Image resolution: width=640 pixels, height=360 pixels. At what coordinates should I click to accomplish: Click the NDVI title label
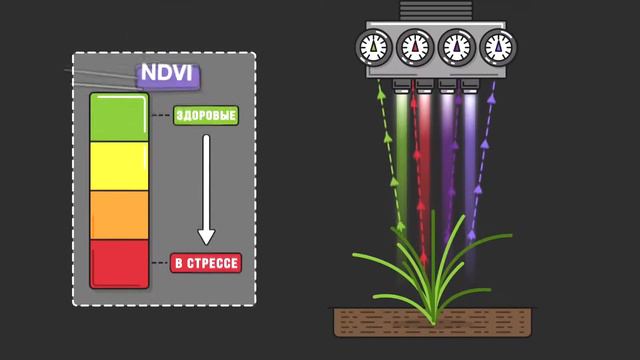(168, 75)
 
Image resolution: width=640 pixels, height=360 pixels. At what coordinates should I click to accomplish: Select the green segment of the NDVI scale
(119, 118)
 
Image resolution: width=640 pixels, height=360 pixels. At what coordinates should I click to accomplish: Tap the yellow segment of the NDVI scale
(119, 167)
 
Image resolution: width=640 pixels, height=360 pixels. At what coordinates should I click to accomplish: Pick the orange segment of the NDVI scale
(119, 215)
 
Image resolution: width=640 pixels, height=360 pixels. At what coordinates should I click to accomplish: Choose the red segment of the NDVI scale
(119, 263)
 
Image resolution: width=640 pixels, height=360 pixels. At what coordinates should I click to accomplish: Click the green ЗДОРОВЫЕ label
(206, 116)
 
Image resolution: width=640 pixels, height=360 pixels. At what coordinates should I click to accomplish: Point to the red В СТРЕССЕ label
(206, 264)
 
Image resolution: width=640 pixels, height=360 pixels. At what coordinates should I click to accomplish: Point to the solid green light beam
(402, 150)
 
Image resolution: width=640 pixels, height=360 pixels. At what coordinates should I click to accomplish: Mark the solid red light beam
(424, 150)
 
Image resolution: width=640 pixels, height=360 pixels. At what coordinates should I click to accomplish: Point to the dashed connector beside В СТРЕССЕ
(160, 264)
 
